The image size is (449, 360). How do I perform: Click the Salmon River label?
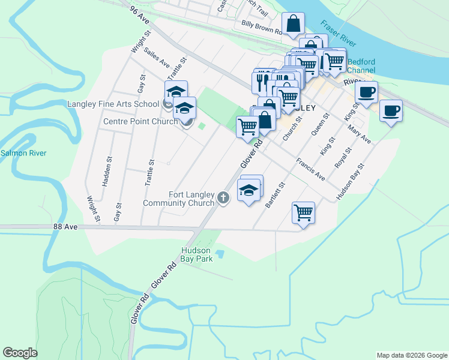[x=23, y=154]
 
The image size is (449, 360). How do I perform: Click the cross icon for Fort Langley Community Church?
[x=223, y=197]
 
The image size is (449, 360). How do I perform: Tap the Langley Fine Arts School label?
[x=113, y=104]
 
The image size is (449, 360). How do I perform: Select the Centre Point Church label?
[x=140, y=121]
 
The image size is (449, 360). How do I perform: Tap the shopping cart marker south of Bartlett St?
[x=304, y=213]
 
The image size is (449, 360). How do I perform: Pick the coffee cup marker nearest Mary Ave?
[x=391, y=111]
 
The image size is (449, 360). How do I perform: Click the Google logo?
[x=20, y=353]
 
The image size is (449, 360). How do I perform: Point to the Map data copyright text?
[x=411, y=355]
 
